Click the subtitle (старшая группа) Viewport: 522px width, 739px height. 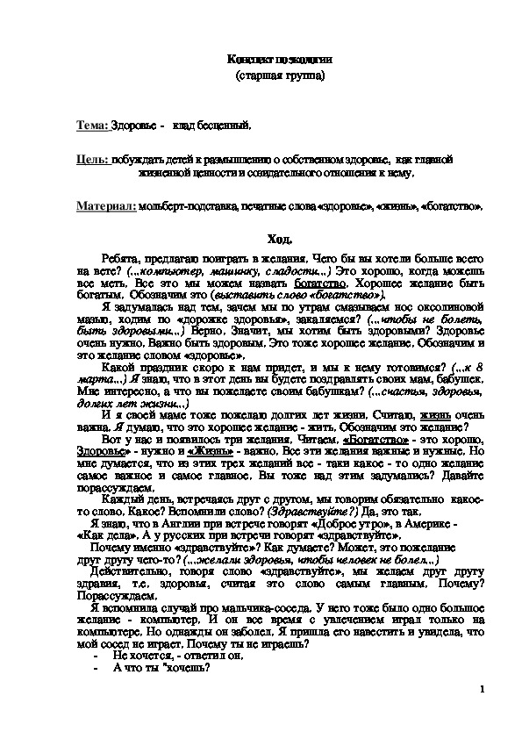tap(280, 76)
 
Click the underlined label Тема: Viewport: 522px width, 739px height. tap(92, 126)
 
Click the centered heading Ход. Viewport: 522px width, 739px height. tap(280, 239)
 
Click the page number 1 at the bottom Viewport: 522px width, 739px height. tap(483, 691)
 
